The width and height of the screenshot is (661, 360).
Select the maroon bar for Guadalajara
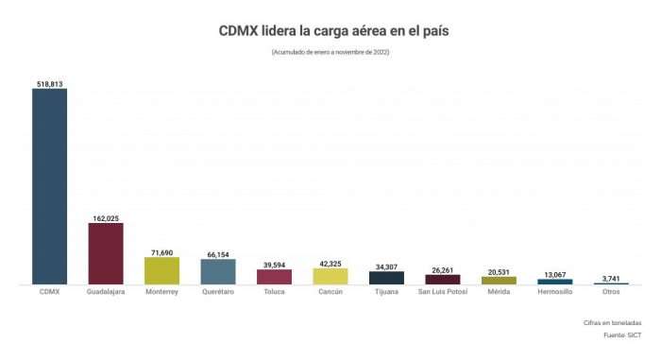click(x=106, y=253)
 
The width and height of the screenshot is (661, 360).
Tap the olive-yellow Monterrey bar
click(x=161, y=270)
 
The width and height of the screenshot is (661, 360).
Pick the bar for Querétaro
click(x=218, y=271)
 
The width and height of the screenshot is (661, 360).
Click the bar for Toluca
click(x=274, y=277)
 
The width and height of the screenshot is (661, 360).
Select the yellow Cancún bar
click(x=330, y=276)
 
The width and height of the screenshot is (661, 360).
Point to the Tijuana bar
click(x=386, y=278)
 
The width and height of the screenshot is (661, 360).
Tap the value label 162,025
click(x=106, y=218)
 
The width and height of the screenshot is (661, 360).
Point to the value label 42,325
click(x=330, y=264)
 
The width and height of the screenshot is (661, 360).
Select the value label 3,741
click(x=611, y=278)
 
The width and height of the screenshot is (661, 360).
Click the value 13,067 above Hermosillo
click(x=555, y=274)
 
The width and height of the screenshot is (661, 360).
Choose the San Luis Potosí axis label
click(x=443, y=292)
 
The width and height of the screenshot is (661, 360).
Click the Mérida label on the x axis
click(x=499, y=292)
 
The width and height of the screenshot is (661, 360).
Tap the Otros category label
click(x=611, y=292)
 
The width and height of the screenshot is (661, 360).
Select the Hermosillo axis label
click(x=555, y=292)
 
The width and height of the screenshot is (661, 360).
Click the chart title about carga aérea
click(x=330, y=31)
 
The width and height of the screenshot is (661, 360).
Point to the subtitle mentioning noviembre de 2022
click(x=330, y=52)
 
